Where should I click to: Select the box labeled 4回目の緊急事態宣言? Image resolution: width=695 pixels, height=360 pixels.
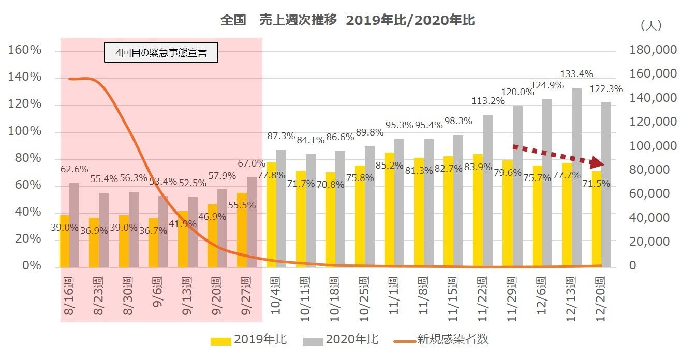tap(161, 53)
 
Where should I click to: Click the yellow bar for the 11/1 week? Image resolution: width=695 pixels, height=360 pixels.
tap(389, 209)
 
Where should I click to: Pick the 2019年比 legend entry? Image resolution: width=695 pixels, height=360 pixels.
tap(249, 340)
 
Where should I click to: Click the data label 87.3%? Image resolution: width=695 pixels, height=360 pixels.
tap(281, 136)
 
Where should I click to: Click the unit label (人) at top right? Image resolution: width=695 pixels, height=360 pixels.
tap(650, 25)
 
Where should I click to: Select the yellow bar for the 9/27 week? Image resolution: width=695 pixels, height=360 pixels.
tap(242, 230)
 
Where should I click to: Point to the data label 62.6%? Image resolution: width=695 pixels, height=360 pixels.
tap(74, 169)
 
